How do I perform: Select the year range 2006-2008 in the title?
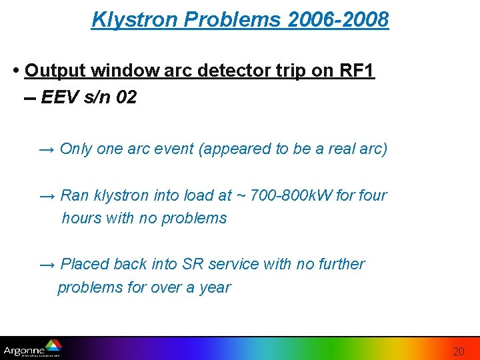point(339,19)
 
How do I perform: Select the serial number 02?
point(126,98)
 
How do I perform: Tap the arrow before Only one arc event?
point(47,149)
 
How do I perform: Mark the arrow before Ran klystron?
point(47,195)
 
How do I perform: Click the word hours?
point(81,218)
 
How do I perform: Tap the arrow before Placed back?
point(47,264)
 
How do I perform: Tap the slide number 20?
point(459,351)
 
